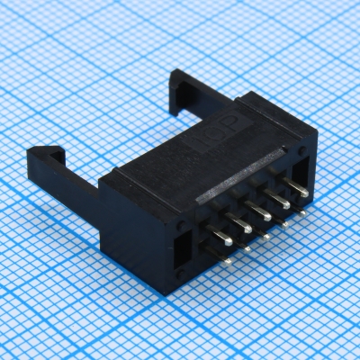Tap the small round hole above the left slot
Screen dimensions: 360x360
[x=181, y=222]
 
